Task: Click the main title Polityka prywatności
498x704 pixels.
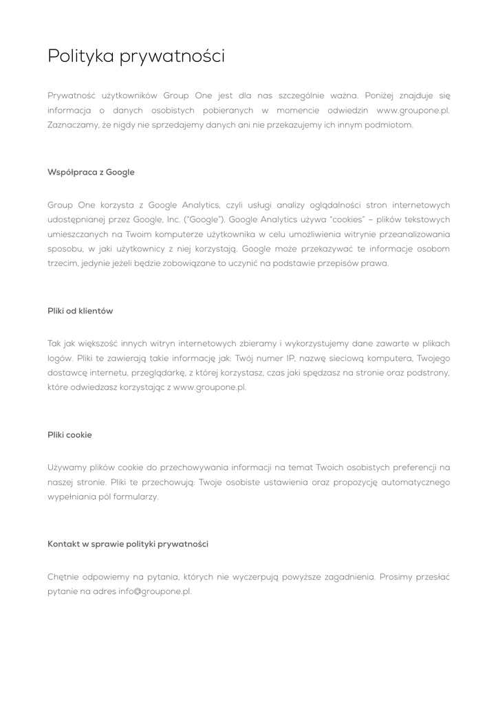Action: tap(136, 56)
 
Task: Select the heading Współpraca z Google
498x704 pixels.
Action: tap(91, 172)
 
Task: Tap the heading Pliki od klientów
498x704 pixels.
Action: tap(80, 311)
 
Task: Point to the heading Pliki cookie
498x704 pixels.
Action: tap(69, 435)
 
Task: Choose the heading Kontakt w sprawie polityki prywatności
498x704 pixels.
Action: tap(128, 544)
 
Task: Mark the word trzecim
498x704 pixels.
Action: tap(62, 263)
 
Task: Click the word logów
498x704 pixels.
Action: tap(60, 358)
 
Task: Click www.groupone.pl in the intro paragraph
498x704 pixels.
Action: tap(413, 110)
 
